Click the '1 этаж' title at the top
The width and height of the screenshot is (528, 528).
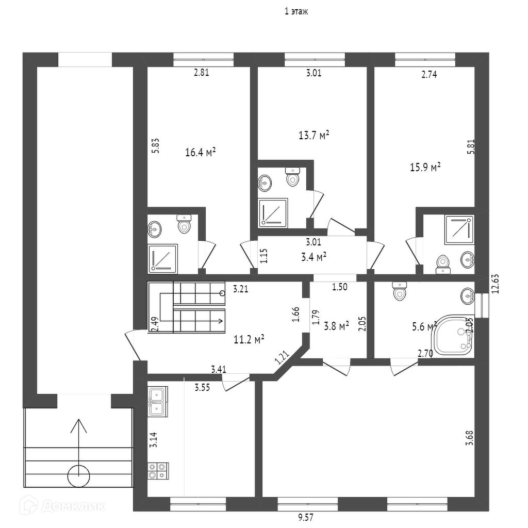pos(296,11)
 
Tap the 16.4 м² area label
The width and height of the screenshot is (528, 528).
pos(201,153)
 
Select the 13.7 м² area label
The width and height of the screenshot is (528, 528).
pos(314,136)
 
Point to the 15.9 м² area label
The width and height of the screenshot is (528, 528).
pos(425,167)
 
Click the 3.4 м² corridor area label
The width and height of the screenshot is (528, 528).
pos(313,257)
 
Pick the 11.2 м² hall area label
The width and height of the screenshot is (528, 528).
pos(249,339)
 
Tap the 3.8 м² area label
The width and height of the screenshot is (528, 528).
pos(336,326)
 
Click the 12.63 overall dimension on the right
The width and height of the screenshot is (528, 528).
pos(495,284)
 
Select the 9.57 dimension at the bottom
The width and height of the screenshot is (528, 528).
pos(306,517)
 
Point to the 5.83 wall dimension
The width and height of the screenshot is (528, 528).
pos(156,146)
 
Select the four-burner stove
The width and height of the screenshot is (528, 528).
pos(158,471)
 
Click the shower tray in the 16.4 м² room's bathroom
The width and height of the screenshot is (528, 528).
pos(162,259)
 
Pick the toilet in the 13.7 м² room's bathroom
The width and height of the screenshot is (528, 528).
pos(293,176)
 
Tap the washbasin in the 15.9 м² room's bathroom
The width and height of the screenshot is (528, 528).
pos(468,259)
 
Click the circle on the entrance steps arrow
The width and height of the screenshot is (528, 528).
pos(79,476)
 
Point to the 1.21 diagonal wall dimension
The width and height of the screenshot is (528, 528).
pos(282,358)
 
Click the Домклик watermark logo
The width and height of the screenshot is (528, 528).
pos(61,505)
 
